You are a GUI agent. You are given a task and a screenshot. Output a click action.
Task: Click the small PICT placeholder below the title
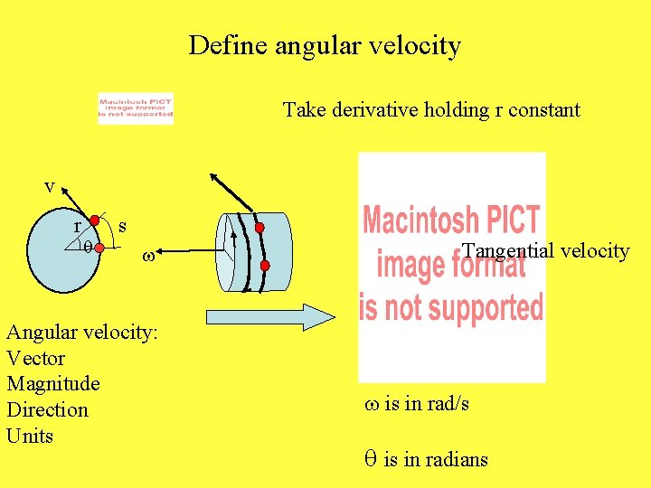tap(136, 109)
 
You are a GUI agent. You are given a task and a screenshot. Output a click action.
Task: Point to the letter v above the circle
tap(50, 186)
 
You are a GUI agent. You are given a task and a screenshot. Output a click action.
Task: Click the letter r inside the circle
tap(79, 226)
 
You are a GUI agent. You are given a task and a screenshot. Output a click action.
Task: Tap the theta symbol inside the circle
tap(88, 245)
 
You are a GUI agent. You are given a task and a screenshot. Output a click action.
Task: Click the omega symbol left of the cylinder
tap(148, 257)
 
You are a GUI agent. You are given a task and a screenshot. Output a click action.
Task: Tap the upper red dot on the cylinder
tap(259, 228)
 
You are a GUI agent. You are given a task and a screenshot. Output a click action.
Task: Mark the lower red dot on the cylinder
tap(265, 266)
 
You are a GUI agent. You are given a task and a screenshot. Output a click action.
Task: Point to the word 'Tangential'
tap(505, 251)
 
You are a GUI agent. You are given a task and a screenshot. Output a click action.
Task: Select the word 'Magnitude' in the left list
tap(53, 384)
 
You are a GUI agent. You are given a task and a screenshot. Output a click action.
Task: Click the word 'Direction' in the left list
tap(47, 410)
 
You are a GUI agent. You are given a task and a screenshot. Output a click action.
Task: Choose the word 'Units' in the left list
tap(30, 436)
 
